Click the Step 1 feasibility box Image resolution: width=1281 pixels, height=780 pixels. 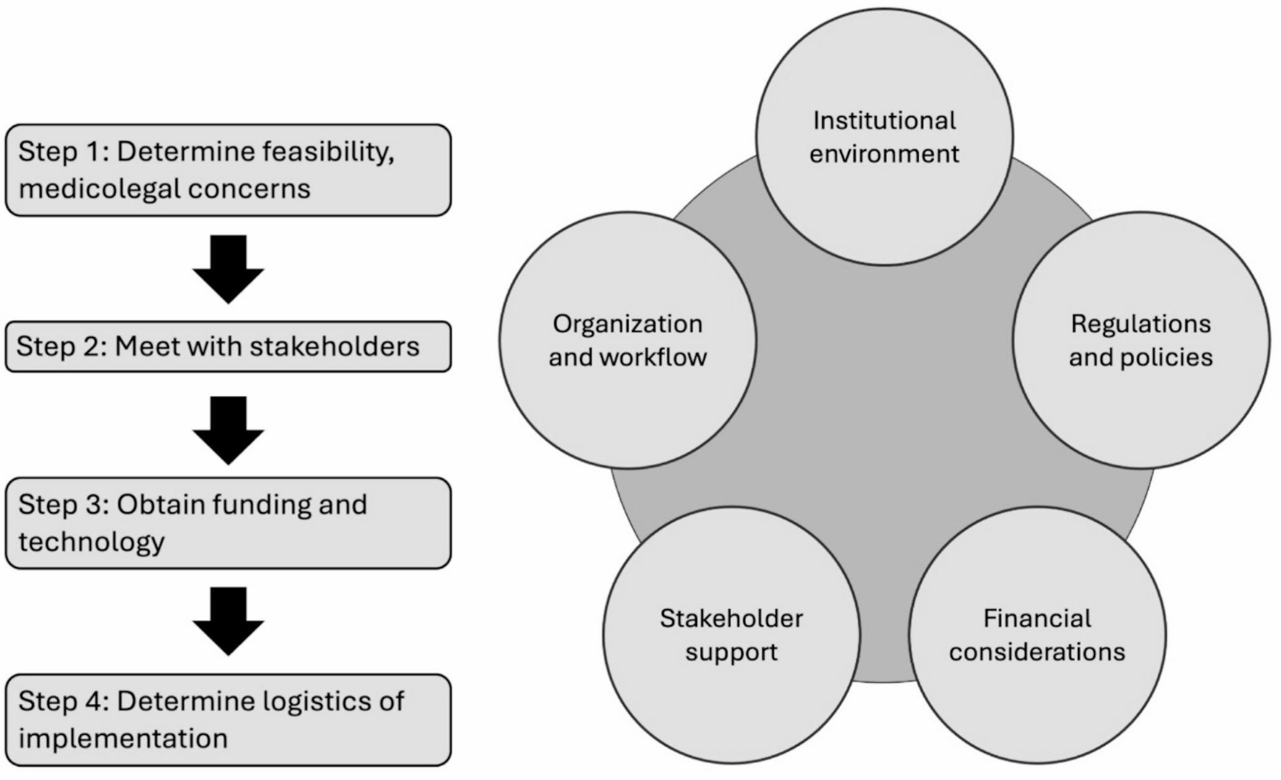[228, 170]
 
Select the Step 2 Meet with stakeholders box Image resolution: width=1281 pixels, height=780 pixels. [228, 346]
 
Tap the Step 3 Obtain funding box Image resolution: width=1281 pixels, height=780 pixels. [228, 523]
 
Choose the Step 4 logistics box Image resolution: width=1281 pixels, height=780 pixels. [228, 720]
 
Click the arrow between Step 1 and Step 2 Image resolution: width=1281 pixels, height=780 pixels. [228, 269]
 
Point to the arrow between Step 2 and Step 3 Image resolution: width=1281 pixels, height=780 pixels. [228, 430]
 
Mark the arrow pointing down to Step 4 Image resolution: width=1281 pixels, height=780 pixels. [228, 621]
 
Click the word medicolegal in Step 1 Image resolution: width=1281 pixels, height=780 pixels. [98, 189]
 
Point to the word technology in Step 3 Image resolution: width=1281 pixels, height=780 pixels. [92, 541]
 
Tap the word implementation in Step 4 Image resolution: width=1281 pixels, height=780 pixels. [123, 738]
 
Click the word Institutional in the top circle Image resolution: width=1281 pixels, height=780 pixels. [884, 121]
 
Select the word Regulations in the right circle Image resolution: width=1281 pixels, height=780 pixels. [1141, 324]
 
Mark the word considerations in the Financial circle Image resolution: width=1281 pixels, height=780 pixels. [1037, 652]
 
